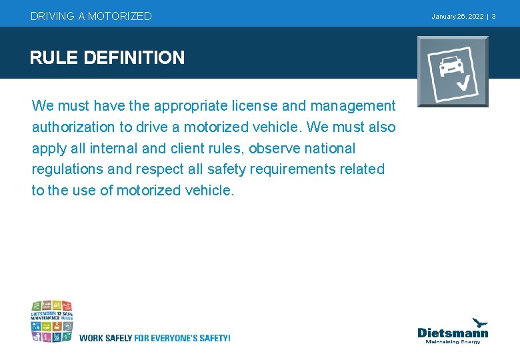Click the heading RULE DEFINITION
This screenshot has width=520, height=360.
(107, 58)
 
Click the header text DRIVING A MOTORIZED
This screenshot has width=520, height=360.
(91, 16)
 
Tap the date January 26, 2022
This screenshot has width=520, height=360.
(457, 16)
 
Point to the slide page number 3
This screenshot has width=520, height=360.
(493, 16)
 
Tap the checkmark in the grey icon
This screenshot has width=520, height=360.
(463, 83)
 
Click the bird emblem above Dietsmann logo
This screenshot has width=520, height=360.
(479, 323)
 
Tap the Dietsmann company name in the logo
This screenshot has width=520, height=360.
(453, 332)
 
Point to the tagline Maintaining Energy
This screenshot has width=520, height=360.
(453, 342)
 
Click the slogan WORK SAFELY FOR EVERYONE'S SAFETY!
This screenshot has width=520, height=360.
(155, 338)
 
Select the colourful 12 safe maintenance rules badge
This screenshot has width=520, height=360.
(51, 321)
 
